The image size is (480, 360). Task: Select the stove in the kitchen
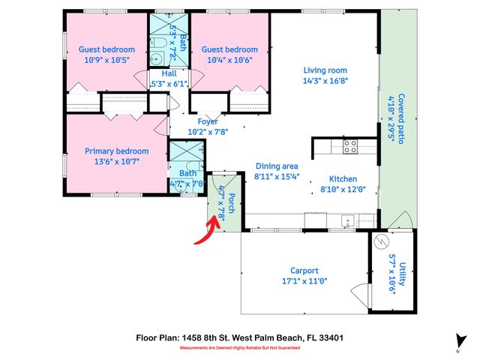[x=350, y=147]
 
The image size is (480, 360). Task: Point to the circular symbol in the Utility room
[x=381, y=243]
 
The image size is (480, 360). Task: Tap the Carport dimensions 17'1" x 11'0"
[x=304, y=282]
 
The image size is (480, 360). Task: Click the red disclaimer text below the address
[x=239, y=349]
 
